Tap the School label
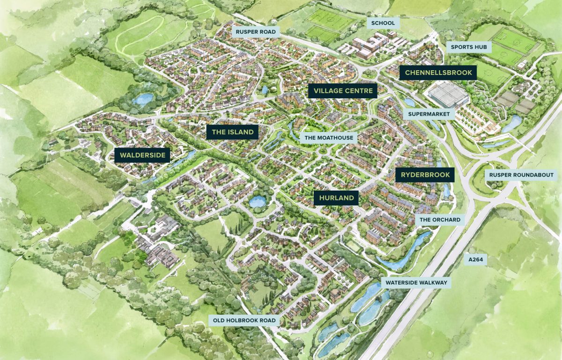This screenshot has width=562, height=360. click(x=383, y=23)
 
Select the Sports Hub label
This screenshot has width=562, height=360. click(x=469, y=47)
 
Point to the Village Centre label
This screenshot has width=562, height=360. click(x=342, y=90)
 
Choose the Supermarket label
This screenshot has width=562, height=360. click(x=429, y=114)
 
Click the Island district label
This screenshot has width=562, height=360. click(x=232, y=132)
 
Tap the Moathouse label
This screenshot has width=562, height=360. click(x=329, y=138)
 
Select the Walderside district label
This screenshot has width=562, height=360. click(x=142, y=155)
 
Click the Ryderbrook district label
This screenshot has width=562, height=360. click(x=425, y=175)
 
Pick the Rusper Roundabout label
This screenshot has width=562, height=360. click(x=521, y=175)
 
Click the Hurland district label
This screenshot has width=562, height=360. click(x=336, y=198)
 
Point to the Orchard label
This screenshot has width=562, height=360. click(x=440, y=220)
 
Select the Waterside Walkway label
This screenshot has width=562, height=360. click(x=416, y=283)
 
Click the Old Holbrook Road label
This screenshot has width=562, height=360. click(x=245, y=321)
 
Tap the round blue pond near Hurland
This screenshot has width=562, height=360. click(x=257, y=202)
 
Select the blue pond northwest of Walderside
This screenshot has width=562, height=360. click(x=142, y=99)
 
